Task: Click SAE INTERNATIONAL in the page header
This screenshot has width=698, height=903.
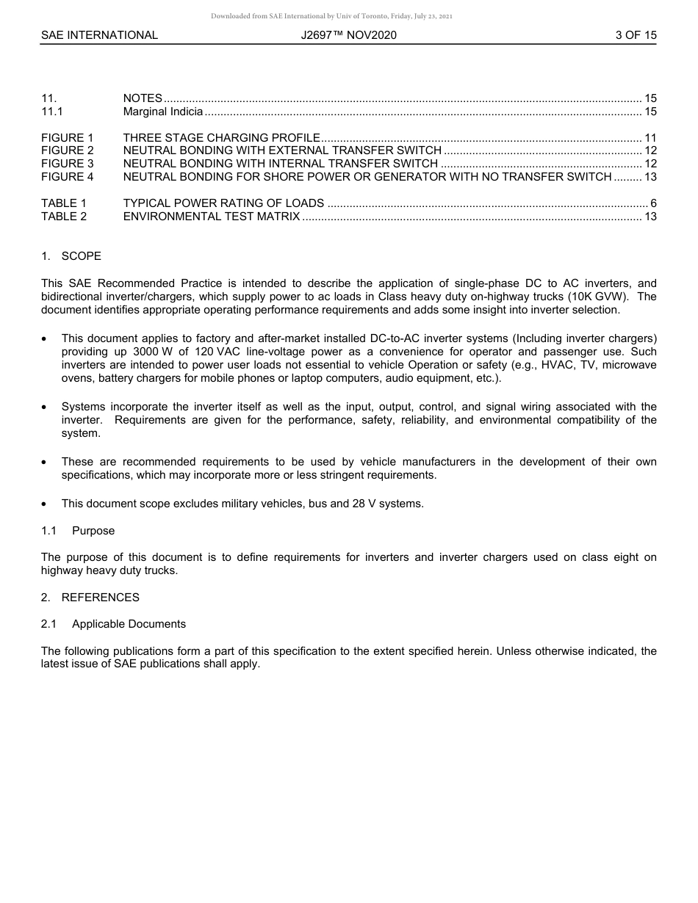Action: pyautogui.click(x=99, y=35)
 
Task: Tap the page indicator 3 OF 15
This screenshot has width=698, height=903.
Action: pyautogui.click(x=636, y=35)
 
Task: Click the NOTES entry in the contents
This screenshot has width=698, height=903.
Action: pyautogui.click(x=143, y=98)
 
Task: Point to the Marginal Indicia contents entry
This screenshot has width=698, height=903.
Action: pyautogui.click(x=162, y=112)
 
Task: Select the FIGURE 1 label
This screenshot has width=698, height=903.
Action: pyautogui.click(x=68, y=138)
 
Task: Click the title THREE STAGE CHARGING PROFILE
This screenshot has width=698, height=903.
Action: pyautogui.click(x=221, y=138)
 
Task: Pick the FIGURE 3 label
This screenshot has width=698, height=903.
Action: pyautogui.click(x=68, y=164)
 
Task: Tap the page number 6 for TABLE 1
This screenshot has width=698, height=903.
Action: pyautogui.click(x=652, y=203)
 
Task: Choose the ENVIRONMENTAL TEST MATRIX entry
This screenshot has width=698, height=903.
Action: pyautogui.click(x=212, y=217)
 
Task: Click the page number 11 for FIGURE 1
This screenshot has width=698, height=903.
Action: pyautogui.click(x=650, y=138)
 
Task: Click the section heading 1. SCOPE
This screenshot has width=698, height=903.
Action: pyautogui.click(x=71, y=256)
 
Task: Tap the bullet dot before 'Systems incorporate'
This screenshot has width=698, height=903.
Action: pyautogui.click(x=46, y=407)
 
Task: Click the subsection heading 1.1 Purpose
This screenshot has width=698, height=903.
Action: pyautogui.click(x=78, y=531)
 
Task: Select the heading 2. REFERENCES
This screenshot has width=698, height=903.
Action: pyautogui.click(x=90, y=598)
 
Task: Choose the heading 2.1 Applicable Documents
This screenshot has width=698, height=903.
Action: pyautogui.click(x=113, y=624)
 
